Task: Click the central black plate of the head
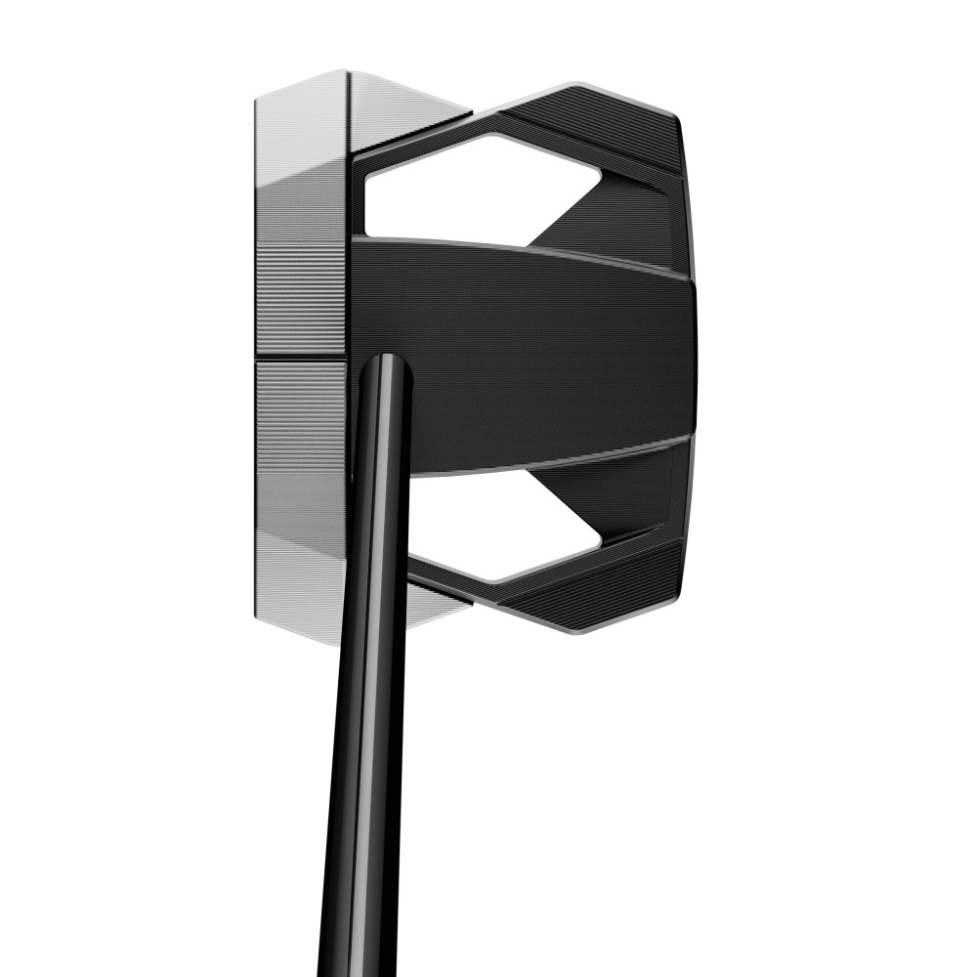pyautogui.click(x=547, y=352)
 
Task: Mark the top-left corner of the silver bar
pyautogui.click(x=257, y=98)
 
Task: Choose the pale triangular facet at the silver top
pyautogui.click(x=401, y=107)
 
